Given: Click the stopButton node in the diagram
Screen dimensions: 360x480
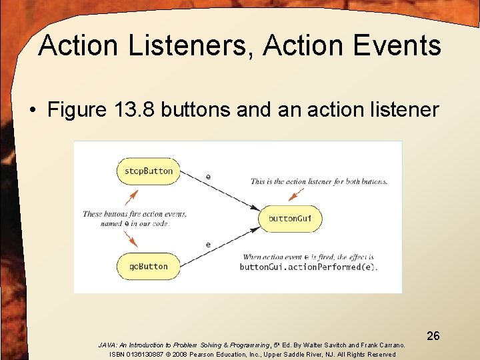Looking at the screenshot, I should [x=148, y=171].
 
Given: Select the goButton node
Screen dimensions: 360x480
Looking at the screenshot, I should [x=148, y=266].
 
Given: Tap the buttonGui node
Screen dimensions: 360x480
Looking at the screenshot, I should [x=289, y=219].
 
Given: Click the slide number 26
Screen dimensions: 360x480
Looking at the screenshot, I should [x=433, y=336].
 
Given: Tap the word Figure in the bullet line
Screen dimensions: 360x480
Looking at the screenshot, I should [x=77, y=109].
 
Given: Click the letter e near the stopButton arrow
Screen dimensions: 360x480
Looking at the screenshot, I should [x=209, y=177].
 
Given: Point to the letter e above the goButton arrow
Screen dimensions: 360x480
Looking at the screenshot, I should [x=208, y=245].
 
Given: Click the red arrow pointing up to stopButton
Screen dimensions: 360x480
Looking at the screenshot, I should [x=131, y=197].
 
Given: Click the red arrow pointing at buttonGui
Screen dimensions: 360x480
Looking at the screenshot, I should [x=296, y=194].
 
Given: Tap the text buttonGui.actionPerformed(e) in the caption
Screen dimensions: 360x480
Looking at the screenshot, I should [x=308, y=267].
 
